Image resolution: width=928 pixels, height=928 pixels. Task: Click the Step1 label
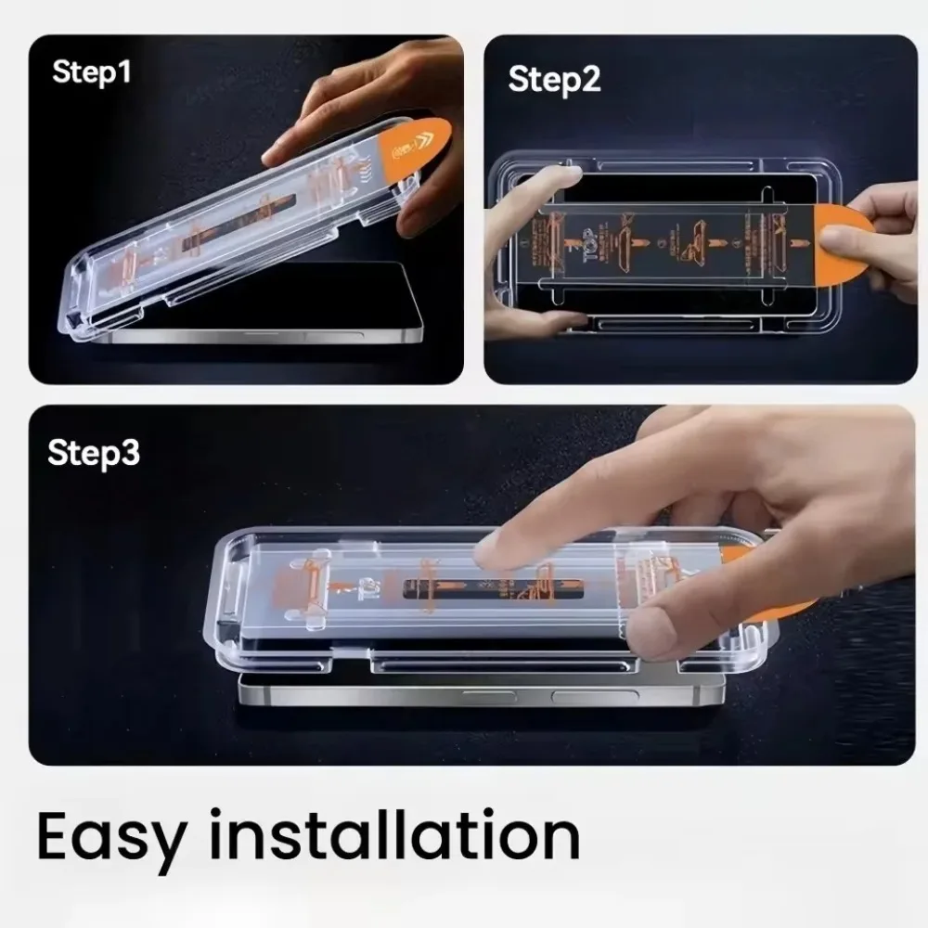92,72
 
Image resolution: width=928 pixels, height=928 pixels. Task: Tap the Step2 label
554,80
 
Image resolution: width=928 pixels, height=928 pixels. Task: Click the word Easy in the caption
110,838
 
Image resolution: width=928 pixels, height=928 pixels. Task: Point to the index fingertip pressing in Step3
492,553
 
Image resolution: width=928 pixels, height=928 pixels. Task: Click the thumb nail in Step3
650,631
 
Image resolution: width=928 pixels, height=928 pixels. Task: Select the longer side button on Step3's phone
594,697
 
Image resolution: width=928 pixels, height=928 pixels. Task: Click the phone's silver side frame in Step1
260,337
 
